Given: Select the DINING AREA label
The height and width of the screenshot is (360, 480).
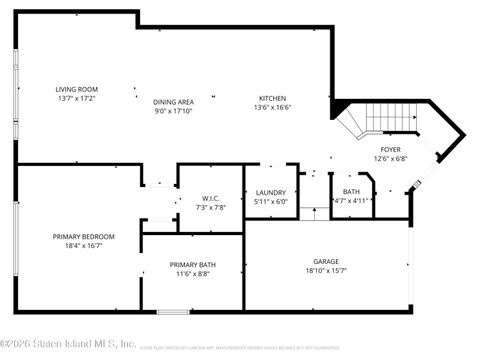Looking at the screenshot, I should point(173,102).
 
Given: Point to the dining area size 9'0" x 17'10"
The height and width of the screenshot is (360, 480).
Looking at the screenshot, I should point(173,111).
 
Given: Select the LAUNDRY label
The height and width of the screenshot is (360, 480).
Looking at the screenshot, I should point(271,193).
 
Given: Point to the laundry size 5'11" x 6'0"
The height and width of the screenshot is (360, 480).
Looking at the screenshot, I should point(271,202).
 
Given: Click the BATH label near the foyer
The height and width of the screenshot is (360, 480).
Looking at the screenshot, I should point(351,191).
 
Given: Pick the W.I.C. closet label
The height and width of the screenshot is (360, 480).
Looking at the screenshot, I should point(210,197).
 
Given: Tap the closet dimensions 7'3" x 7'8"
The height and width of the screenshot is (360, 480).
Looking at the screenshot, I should point(210,206).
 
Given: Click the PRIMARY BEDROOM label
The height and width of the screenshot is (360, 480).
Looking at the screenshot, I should point(84,236).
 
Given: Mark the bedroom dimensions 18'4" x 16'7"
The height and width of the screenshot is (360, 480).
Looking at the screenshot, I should point(84,245).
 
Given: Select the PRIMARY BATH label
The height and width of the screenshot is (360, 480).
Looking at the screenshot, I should point(192,265).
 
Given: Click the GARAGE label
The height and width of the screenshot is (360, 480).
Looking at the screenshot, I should point(326,260).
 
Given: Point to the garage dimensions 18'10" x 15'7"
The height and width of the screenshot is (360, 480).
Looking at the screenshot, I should point(326,269).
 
